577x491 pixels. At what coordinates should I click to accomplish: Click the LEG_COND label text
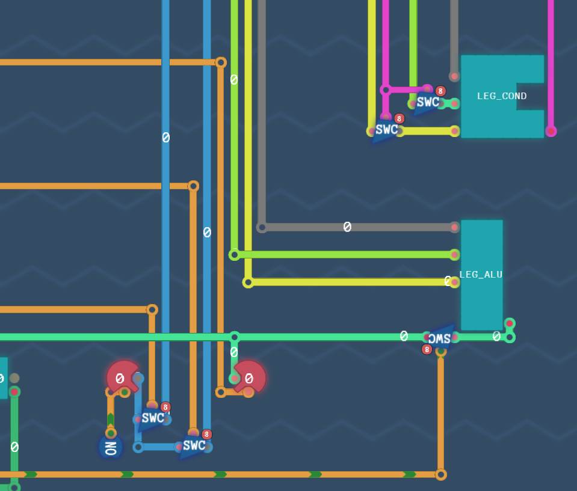(x=502, y=96)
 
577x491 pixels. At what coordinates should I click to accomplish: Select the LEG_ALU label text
(x=481, y=275)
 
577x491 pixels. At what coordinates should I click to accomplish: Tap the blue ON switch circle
(x=111, y=447)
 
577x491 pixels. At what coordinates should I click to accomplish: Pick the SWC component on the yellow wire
(x=386, y=130)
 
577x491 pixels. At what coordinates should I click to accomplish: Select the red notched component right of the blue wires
(x=250, y=378)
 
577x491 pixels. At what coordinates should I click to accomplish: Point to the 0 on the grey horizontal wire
(x=347, y=227)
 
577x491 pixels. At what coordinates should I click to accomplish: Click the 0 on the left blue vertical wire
(x=165, y=138)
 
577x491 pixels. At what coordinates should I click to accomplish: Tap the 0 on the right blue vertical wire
(x=207, y=232)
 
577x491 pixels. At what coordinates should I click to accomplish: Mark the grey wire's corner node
(x=262, y=227)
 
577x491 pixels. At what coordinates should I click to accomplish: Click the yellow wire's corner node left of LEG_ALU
(x=248, y=282)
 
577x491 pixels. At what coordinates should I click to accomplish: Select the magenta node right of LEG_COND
(x=551, y=131)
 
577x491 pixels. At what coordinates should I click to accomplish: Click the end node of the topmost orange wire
(x=221, y=62)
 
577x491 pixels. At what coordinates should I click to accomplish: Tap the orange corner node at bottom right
(x=441, y=474)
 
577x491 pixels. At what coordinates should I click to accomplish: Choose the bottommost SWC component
(x=194, y=446)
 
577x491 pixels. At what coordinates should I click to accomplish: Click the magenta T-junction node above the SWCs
(x=386, y=90)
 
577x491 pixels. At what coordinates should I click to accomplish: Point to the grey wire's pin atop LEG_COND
(x=454, y=76)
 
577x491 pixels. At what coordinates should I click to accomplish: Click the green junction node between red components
(x=235, y=337)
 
